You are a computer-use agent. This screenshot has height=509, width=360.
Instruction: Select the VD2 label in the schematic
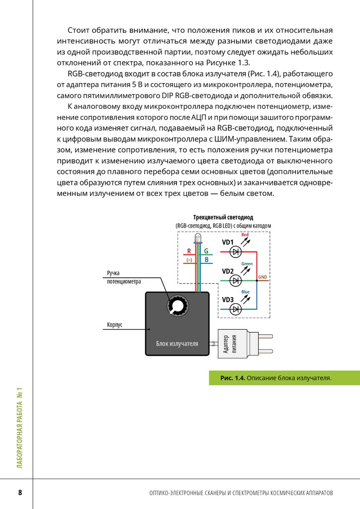(x=228, y=271)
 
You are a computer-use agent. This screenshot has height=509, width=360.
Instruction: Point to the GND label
(x=263, y=276)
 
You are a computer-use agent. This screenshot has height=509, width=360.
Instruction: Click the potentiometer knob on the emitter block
(x=176, y=305)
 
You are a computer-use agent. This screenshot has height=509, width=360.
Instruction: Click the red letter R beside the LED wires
(x=189, y=252)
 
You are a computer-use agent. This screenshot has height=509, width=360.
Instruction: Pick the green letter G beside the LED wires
(x=206, y=252)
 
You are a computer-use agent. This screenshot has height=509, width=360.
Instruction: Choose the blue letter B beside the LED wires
(x=206, y=260)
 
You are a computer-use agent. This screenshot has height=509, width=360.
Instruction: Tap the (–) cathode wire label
(x=189, y=260)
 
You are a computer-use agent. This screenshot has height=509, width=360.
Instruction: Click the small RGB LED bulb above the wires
(x=197, y=240)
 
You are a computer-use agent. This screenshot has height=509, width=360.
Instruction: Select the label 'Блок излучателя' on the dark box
(x=177, y=343)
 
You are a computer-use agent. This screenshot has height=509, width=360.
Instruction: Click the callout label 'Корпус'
(x=115, y=325)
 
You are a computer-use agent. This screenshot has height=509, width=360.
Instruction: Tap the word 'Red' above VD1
(x=245, y=235)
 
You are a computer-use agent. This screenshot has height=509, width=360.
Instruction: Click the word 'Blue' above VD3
(x=246, y=292)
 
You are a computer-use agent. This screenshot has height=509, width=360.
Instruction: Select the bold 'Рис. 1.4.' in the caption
(x=233, y=378)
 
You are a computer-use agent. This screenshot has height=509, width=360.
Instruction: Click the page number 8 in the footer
(x=20, y=493)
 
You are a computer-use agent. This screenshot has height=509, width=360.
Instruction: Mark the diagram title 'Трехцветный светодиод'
(x=223, y=218)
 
